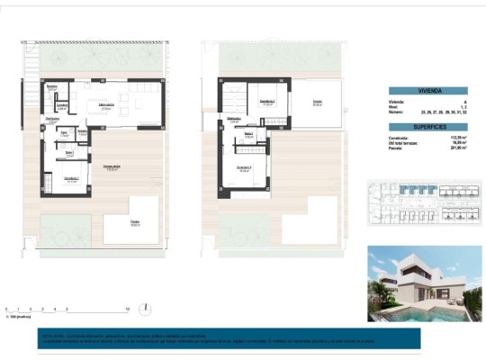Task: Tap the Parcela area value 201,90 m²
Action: [447, 148]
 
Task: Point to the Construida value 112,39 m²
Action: [447, 138]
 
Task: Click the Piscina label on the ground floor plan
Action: [135, 222]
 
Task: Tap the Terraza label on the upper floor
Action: [317, 103]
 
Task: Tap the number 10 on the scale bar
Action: [128, 308]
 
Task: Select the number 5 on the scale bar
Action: [67, 308]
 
